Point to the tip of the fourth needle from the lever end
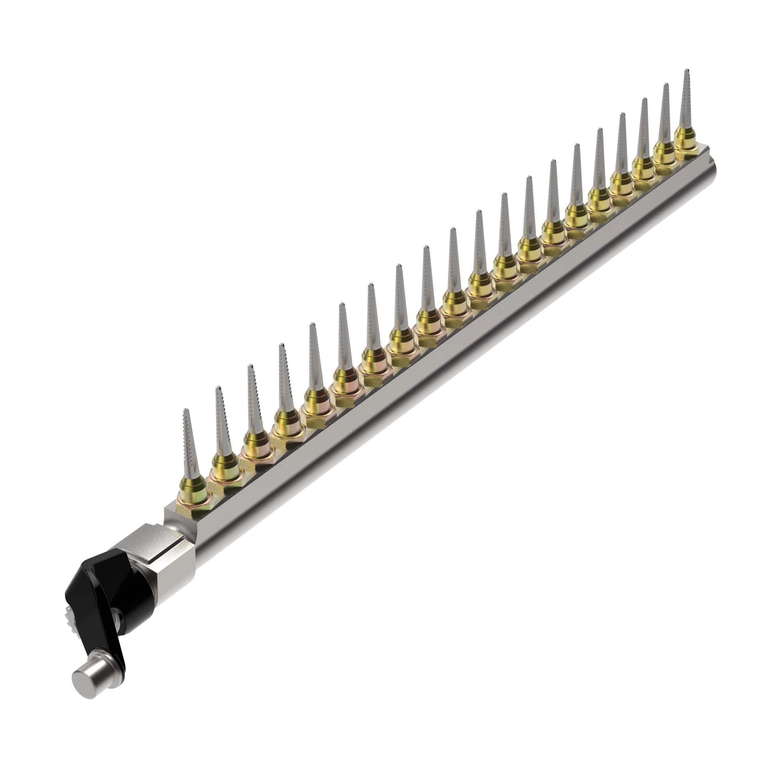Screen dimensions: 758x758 pyautogui.click(x=281, y=345)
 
